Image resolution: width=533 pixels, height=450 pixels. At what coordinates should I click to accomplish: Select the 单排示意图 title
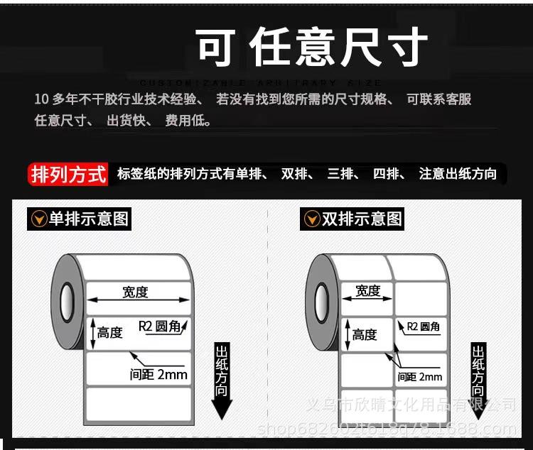point(89,219)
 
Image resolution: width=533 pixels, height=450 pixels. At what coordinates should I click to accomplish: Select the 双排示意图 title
point(362,219)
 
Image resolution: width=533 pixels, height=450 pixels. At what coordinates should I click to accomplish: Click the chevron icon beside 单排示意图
point(38,219)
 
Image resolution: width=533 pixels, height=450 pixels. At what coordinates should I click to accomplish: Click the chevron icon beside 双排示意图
point(311,219)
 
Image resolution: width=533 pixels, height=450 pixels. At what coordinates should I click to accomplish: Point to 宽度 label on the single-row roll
point(135,292)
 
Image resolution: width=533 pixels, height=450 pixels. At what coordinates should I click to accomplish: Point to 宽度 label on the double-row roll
point(367,290)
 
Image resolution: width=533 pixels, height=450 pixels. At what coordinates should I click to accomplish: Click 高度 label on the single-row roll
point(110,332)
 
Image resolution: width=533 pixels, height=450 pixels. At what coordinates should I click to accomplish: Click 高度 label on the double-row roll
point(365,334)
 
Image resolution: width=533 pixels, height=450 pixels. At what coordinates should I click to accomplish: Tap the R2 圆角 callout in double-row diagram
point(423,326)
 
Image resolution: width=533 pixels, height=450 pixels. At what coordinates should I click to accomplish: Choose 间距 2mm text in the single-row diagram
point(158,374)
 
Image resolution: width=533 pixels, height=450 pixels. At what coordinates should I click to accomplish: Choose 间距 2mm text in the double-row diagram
point(420,377)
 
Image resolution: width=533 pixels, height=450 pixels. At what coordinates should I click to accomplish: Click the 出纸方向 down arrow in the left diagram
point(222,380)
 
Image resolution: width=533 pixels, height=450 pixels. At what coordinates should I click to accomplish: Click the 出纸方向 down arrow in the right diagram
point(478,380)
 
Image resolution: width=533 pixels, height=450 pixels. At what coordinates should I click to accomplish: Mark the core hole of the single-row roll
point(67,300)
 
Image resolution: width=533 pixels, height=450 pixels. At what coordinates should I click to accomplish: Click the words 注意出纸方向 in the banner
point(458,174)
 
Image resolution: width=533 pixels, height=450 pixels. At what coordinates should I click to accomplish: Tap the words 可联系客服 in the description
point(438,99)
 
